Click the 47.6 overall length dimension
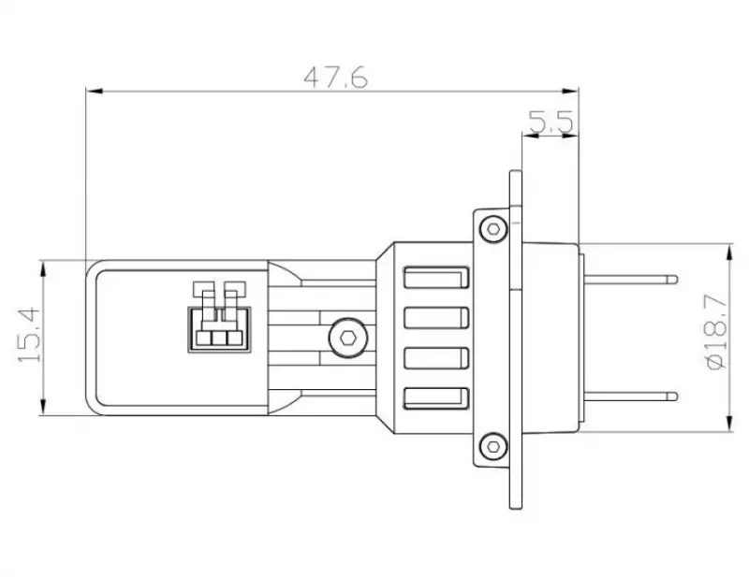tap(336, 77)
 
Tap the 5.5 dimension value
tap(551, 122)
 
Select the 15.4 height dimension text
tap(29, 335)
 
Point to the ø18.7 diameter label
tap(716, 332)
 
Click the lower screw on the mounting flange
tap(494, 447)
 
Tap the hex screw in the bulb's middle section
tap(347, 338)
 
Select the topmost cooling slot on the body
tap(436, 278)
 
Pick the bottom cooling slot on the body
tap(436, 398)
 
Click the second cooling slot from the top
tap(436, 318)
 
